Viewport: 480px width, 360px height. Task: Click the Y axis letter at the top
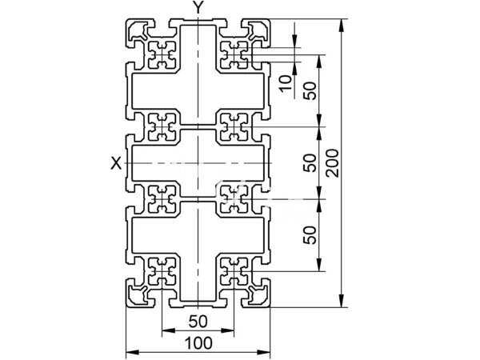(x=198, y=7)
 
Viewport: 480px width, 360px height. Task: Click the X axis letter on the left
(x=116, y=163)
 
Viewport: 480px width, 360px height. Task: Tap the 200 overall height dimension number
(x=333, y=163)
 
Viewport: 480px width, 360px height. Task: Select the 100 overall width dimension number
(x=198, y=343)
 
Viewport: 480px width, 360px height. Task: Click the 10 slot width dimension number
(x=286, y=83)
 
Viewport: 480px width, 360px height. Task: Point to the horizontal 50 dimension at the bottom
(x=198, y=322)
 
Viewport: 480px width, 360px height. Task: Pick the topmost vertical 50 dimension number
(x=310, y=90)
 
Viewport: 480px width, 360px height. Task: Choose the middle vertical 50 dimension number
(x=310, y=163)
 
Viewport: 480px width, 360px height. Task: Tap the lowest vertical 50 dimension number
(x=310, y=235)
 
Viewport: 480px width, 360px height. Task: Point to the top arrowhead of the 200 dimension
(x=342, y=25)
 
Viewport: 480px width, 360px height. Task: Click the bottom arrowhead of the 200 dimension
(x=342, y=301)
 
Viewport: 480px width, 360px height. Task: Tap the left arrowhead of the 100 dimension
(x=133, y=353)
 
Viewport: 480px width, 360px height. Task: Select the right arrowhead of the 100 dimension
(x=264, y=353)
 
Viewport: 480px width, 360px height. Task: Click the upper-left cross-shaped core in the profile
(x=162, y=55)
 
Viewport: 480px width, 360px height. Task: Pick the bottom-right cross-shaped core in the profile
(x=234, y=271)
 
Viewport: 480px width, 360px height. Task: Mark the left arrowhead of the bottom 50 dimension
(x=168, y=330)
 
